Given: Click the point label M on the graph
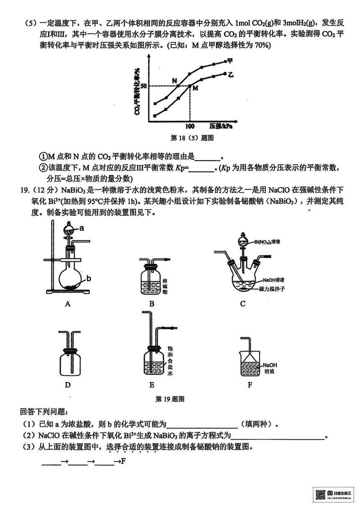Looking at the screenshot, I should click(x=195, y=89).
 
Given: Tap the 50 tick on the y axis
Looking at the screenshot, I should click(x=144, y=85).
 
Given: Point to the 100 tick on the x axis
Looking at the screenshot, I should click(x=189, y=126).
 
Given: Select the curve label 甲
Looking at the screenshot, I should click(x=230, y=60).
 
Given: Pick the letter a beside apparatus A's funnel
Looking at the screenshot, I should click(x=82, y=228).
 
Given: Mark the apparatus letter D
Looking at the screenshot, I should click(x=67, y=385).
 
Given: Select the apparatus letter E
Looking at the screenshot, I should click(x=152, y=385).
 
